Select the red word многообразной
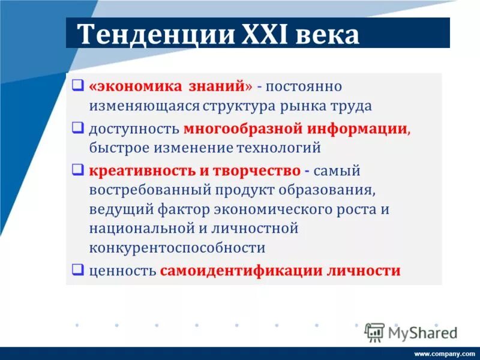pyautogui.click(x=245, y=128)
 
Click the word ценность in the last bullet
pyautogui.click(x=122, y=270)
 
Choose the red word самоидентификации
pyautogui.click(x=240, y=270)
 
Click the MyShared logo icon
pyautogui.click(x=375, y=332)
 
